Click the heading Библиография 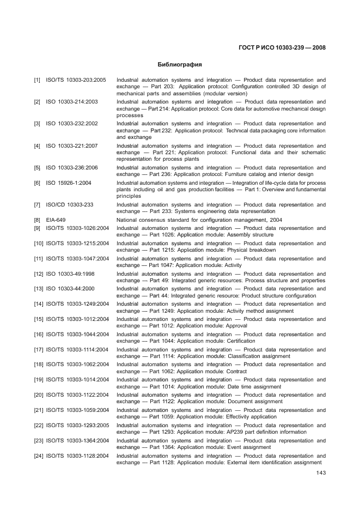click(180, 64)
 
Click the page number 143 click(321, 472)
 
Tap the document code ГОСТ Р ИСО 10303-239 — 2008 click(282, 47)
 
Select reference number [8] click(37, 220)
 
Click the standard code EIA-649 click(56, 220)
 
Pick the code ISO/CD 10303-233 click(70, 205)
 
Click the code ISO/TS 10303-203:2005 click(76, 80)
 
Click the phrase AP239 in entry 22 click(233, 432)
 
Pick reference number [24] click(39, 456)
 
